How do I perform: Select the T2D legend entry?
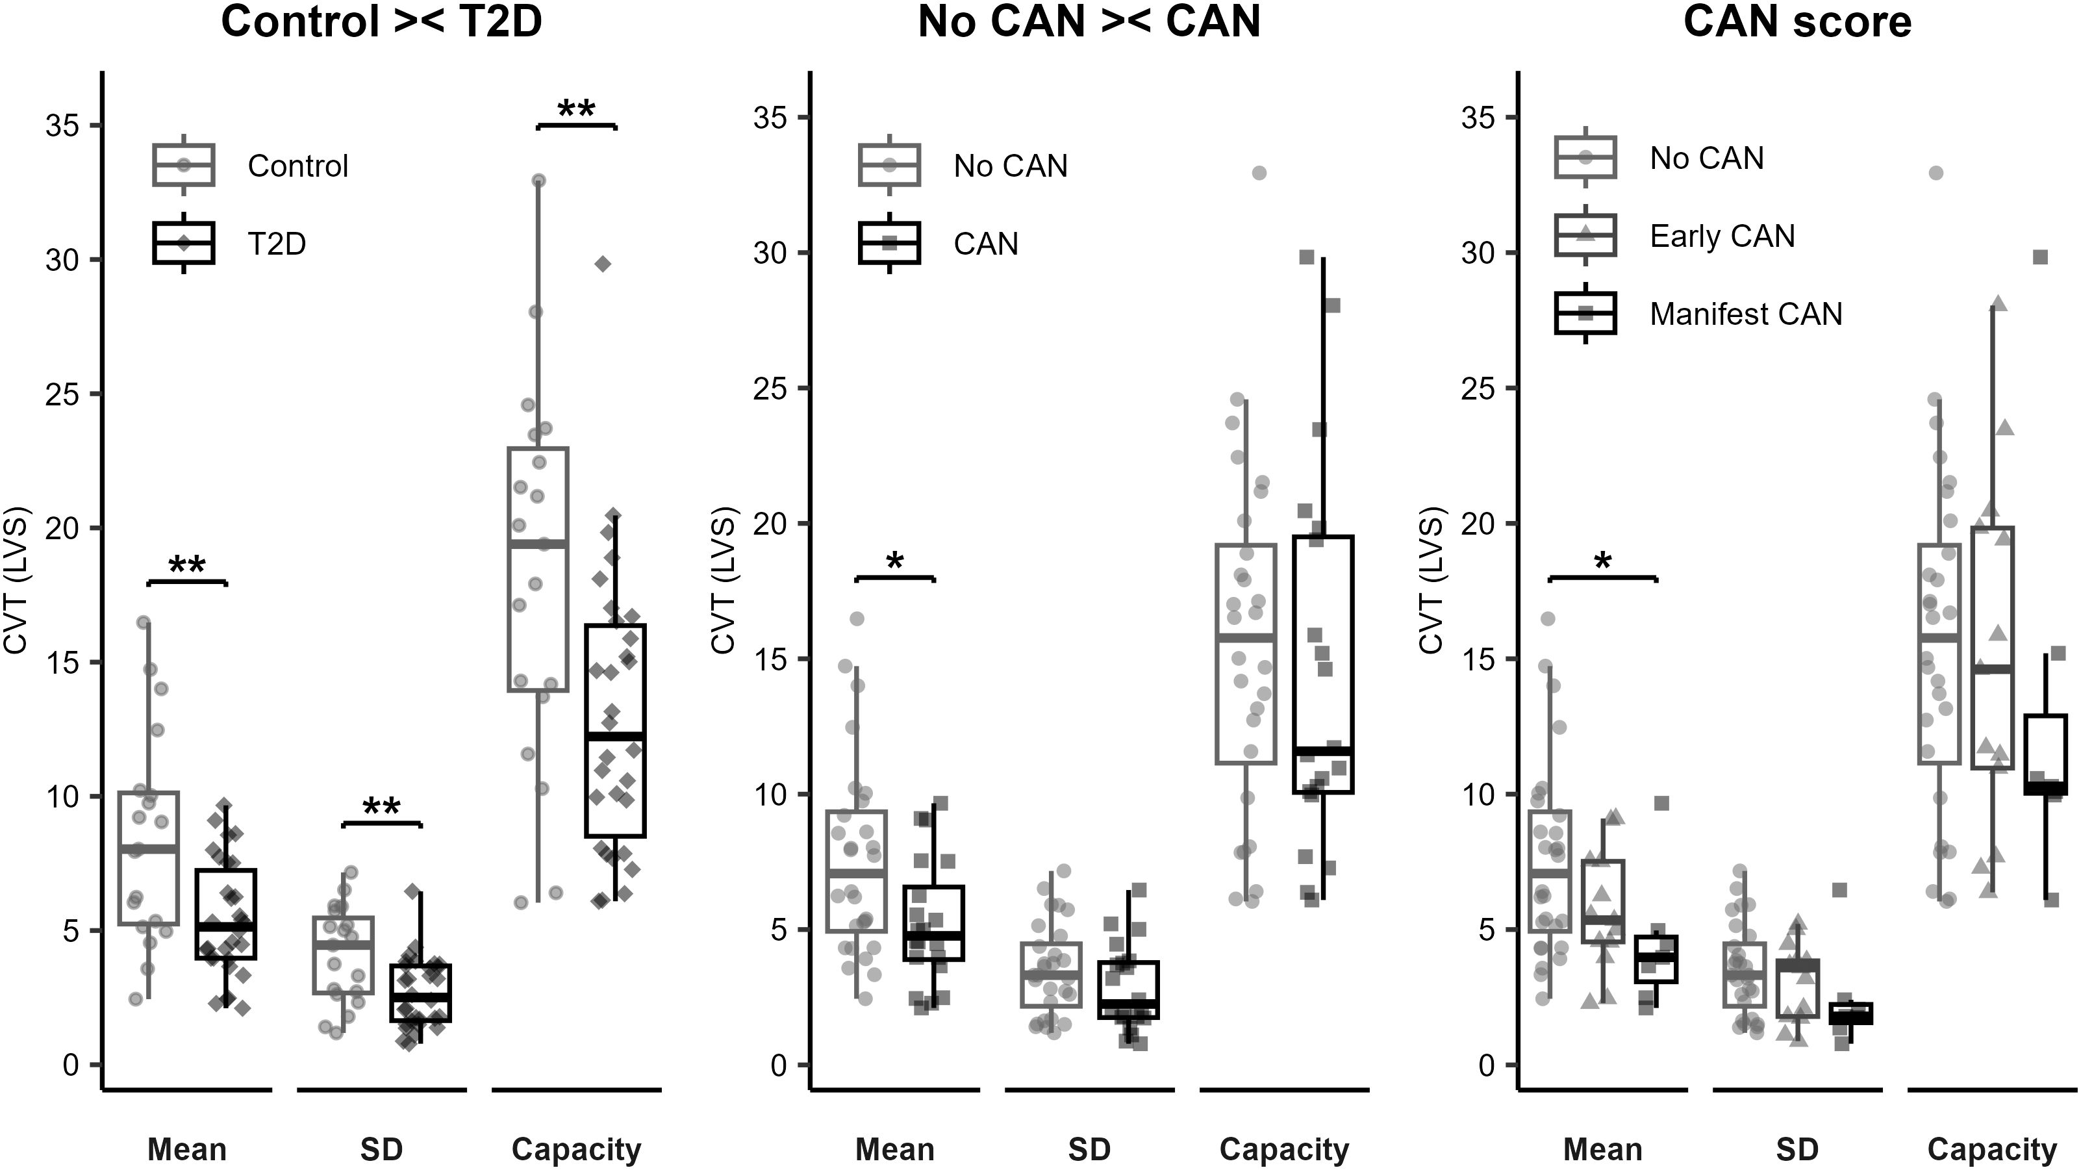pyautogui.click(x=276, y=243)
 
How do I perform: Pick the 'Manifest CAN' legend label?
pyautogui.click(x=1746, y=314)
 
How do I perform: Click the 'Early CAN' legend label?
pyautogui.click(x=1722, y=236)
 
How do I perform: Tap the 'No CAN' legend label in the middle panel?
pyautogui.click(x=1010, y=166)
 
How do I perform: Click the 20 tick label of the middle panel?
pyautogui.click(x=770, y=524)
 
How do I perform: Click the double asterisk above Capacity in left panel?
pyautogui.click(x=576, y=110)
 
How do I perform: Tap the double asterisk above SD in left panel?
pyautogui.click(x=381, y=808)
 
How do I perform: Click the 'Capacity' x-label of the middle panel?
pyautogui.click(x=1283, y=1149)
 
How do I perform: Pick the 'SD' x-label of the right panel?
pyautogui.click(x=1797, y=1149)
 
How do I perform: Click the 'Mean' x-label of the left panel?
pyautogui.click(x=186, y=1149)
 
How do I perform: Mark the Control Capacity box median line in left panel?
pyautogui.click(x=538, y=544)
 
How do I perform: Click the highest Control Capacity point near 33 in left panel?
pyautogui.click(x=538, y=180)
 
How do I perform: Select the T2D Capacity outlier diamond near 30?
pyautogui.click(x=603, y=264)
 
